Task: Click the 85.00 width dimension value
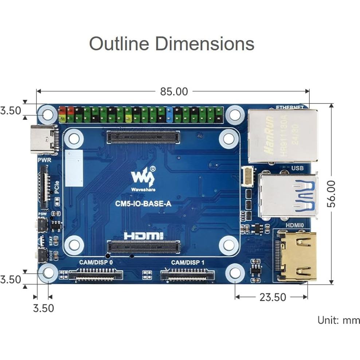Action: pos(174,91)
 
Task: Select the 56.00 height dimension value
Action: pos(331,193)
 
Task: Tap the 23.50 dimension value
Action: pos(273,297)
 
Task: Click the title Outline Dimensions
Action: pos(172,44)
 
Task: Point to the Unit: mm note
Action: pos(339,320)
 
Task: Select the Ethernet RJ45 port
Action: pos(282,135)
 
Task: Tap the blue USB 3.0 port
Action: pos(288,196)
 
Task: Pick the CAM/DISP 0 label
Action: pos(96,262)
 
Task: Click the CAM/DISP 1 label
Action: pos(188,262)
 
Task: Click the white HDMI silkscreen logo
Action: pos(144,236)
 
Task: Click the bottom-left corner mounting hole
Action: pos(48,273)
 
